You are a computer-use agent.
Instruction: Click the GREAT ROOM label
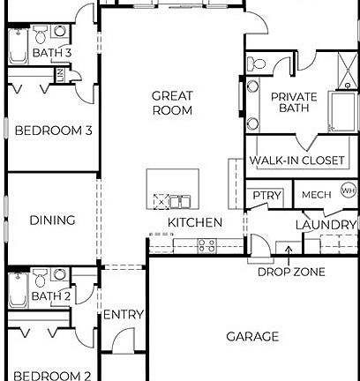(172, 103)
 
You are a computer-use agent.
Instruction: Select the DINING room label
(52, 220)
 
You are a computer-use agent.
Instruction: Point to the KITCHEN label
(195, 222)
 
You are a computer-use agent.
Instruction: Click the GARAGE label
(252, 336)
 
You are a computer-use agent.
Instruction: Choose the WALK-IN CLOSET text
(296, 161)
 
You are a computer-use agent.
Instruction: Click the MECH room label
(316, 194)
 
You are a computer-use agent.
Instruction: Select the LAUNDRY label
(326, 226)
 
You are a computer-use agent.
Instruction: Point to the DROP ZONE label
(291, 272)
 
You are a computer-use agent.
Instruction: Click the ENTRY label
(124, 315)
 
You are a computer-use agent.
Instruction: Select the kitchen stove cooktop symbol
(207, 246)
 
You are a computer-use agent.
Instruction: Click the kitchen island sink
(180, 199)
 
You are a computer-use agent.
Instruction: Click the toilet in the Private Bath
(257, 64)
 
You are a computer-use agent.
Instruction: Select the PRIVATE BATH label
(294, 102)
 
